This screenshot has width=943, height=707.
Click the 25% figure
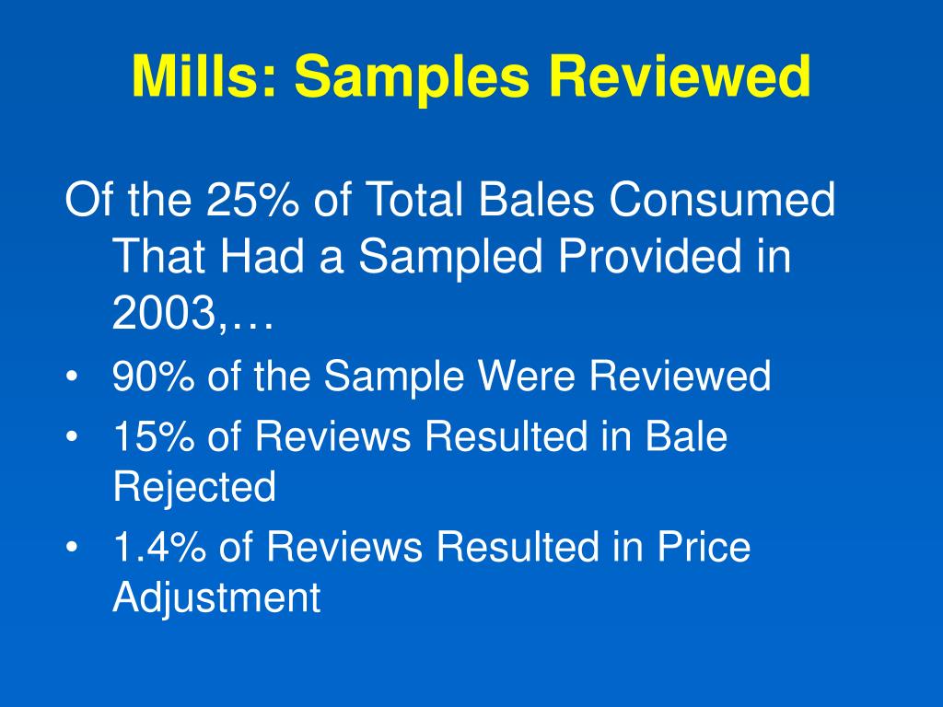pyautogui.click(x=252, y=199)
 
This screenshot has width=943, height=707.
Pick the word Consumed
pyautogui.click(x=722, y=199)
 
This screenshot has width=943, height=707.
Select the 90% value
pyautogui.click(x=154, y=376)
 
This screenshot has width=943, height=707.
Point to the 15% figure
pyautogui.click(x=154, y=435)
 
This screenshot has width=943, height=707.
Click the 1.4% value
pyautogui.click(x=159, y=547)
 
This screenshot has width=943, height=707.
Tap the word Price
pyautogui.click(x=704, y=547)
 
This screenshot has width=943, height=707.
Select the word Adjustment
pyautogui.click(x=216, y=598)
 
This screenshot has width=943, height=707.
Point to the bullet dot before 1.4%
pyautogui.click(x=72, y=549)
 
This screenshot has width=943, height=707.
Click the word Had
pyautogui.click(x=262, y=256)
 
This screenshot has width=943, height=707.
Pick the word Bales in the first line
pyautogui.click(x=537, y=199)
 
